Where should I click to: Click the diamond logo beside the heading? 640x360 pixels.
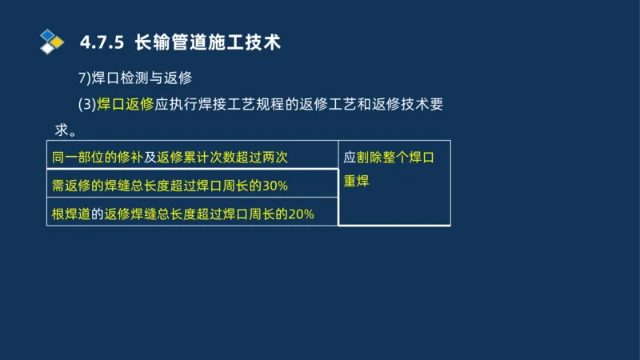point(52,41)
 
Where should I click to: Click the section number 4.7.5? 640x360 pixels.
point(102,42)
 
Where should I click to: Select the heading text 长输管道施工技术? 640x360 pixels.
point(208,42)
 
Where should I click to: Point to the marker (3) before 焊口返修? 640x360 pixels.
point(86,105)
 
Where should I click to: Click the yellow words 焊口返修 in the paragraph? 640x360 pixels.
point(125,105)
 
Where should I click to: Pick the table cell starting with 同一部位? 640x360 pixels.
point(192,157)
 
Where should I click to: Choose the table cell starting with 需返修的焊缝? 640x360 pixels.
point(192,185)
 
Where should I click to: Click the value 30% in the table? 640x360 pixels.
point(274,186)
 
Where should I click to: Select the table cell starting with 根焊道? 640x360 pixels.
point(192,214)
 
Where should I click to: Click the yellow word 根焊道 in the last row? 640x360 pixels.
point(70,214)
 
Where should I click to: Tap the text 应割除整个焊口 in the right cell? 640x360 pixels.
point(389,158)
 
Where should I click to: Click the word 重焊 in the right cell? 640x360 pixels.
point(356,182)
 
